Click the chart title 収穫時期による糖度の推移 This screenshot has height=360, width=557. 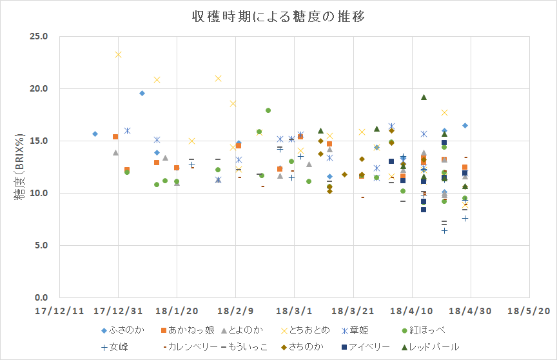coord(278,17)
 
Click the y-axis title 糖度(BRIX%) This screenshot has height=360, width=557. coord(21,166)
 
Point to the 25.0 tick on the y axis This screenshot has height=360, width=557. coord(38,36)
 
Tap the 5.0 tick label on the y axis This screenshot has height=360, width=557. coord(40,246)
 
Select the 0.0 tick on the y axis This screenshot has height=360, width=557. coord(40,298)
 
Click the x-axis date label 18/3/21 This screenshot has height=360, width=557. coord(355,310)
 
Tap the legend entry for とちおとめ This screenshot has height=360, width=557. coord(306,330)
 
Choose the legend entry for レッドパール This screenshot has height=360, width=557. coord(434,346)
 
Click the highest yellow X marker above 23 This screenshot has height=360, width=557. coord(118,54)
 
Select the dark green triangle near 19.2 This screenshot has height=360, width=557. coord(424,97)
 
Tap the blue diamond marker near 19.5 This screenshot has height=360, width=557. coord(142,94)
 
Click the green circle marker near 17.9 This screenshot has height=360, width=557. coord(268,110)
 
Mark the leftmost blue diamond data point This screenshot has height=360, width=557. coord(95,134)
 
